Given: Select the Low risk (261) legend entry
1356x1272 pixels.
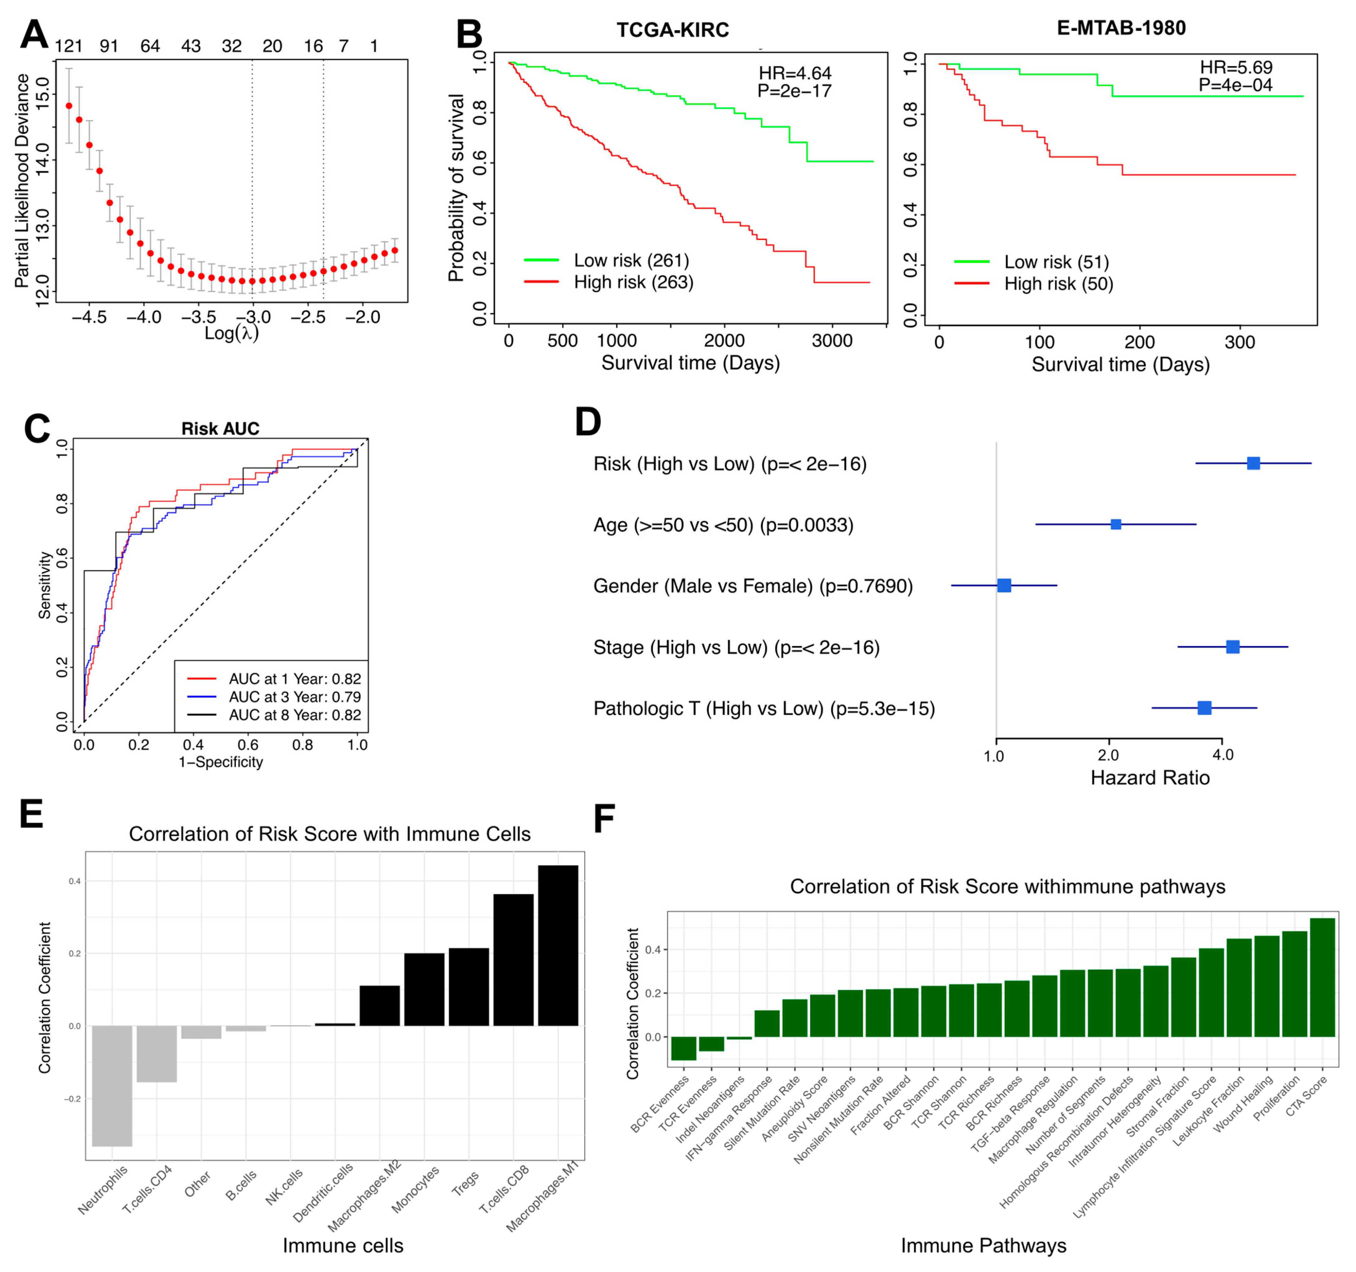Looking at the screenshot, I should [631, 261].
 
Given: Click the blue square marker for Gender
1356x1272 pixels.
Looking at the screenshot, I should [1004, 585].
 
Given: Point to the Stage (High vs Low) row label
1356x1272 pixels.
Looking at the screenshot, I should [736, 647].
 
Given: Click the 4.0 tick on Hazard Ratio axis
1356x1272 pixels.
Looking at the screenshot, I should [1222, 755].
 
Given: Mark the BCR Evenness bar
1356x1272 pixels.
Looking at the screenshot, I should [684, 1048].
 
